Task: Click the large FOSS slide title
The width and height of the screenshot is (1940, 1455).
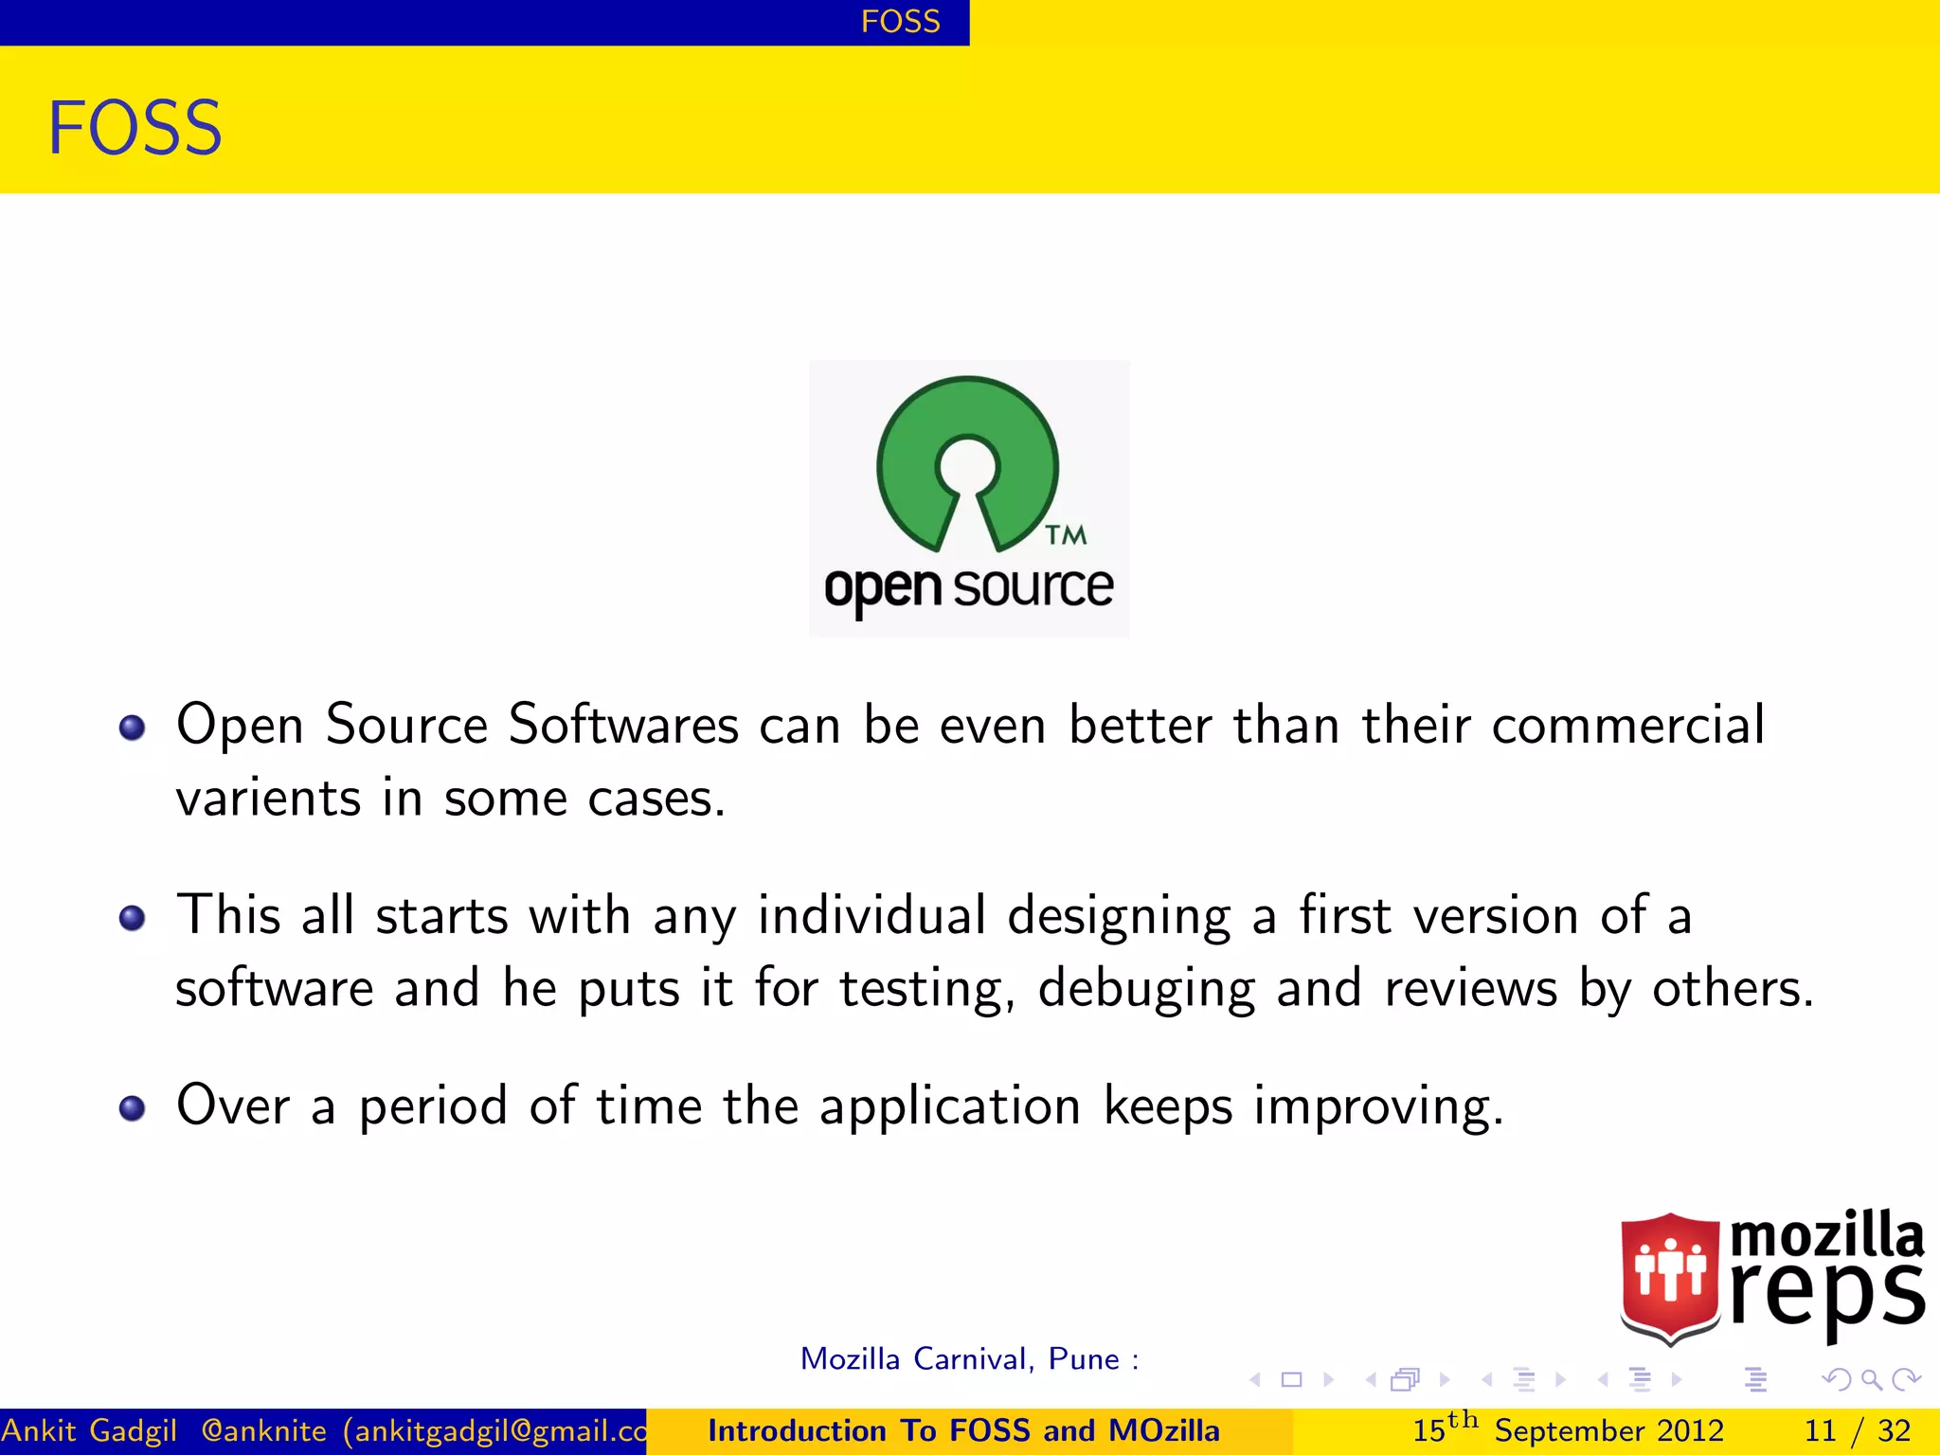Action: pyautogui.click(x=135, y=128)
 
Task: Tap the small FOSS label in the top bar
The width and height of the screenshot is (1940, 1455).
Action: pyautogui.click(x=900, y=21)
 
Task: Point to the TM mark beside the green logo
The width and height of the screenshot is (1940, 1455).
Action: pyautogui.click(x=1066, y=535)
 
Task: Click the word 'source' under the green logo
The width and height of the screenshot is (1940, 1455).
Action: pyautogui.click(x=1033, y=587)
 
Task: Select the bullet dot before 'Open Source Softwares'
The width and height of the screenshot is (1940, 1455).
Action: pyautogui.click(x=132, y=727)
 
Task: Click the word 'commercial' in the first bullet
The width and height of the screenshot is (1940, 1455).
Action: pyautogui.click(x=1627, y=726)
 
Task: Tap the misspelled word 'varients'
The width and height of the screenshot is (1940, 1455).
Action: pyautogui.click(x=268, y=798)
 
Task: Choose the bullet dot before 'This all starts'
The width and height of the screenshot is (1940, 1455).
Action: pyautogui.click(x=132, y=918)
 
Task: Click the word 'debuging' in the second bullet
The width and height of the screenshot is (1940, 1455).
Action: pyautogui.click(x=1146, y=989)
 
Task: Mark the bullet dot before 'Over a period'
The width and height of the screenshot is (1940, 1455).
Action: pyautogui.click(x=132, y=1108)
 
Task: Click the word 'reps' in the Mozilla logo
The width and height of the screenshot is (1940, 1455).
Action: pyautogui.click(x=1826, y=1294)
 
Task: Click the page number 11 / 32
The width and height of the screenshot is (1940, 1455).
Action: pyautogui.click(x=1857, y=1430)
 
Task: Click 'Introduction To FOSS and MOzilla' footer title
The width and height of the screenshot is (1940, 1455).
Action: pyautogui.click(x=963, y=1430)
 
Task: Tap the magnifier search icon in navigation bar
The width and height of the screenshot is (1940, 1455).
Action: pyautogui.click(x=1871, y=1380)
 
